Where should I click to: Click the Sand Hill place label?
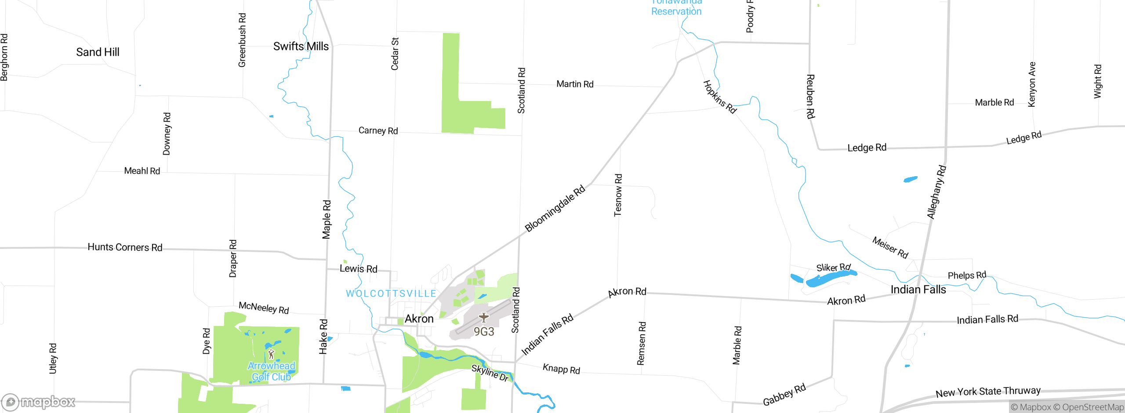click(98, 52)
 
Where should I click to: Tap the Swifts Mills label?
click(301, 47)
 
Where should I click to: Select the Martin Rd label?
click(575, 84)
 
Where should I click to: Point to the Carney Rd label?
click(378, 130)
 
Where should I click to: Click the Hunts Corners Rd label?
click(125, 247)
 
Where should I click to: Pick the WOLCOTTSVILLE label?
click(391, 293)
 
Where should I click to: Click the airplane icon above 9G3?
click(484, 317)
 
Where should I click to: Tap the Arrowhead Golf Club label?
click(271, 371)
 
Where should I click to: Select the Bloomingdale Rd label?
click(555, 208)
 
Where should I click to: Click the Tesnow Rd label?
click(618, 195)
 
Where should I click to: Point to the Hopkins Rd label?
click(719, 97)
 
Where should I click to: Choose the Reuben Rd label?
click(810, 96)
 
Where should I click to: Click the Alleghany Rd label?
click(936, 192)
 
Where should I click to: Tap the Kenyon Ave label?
click(1032, 84)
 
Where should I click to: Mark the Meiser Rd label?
click(890, 247)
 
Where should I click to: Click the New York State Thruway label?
click(988, 391)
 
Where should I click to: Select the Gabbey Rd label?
click(784, 395)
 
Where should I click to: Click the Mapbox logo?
click(39, 402)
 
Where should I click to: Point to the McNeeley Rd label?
click(264, 308)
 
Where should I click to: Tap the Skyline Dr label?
click(490, 373)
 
